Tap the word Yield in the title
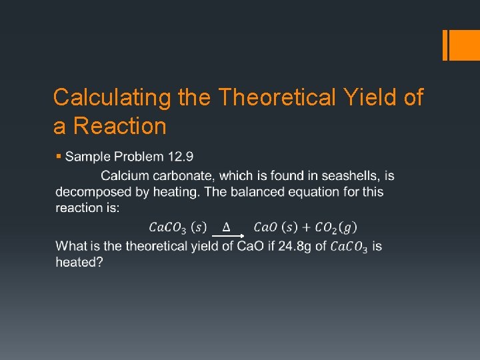coord(362,97)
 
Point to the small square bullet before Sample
coord(59,156)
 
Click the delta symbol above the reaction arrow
coord(226,227)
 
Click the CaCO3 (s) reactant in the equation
coord(177,228)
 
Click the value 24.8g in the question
coord(295,246)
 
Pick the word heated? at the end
coord(79,262)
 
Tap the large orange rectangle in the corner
coord(465,45)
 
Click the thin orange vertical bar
coord(445,45)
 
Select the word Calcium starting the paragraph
coord(123,175)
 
